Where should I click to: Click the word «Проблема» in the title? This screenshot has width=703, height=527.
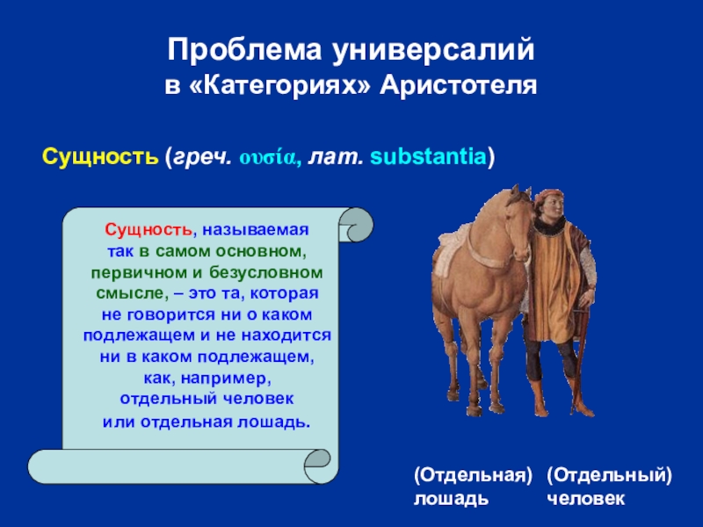(245, 50)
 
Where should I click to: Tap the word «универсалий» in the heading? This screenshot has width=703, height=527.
(433, 51)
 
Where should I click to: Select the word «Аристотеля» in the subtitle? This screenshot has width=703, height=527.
(458, 85)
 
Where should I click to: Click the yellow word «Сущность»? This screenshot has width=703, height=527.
(100, 157)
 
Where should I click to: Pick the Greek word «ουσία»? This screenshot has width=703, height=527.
(270, 158)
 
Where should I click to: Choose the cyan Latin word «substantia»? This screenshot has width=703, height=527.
(428, 157)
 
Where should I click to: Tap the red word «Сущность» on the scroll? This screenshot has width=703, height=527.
(149, 230)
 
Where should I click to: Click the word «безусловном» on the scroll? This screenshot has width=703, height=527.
(266, 272)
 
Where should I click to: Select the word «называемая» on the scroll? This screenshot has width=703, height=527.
(256, 230)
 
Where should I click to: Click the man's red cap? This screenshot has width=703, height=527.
(548, 195)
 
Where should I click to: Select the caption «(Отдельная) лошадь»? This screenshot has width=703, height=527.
(473, 487)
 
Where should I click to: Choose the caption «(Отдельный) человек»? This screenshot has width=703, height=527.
(609, 487)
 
